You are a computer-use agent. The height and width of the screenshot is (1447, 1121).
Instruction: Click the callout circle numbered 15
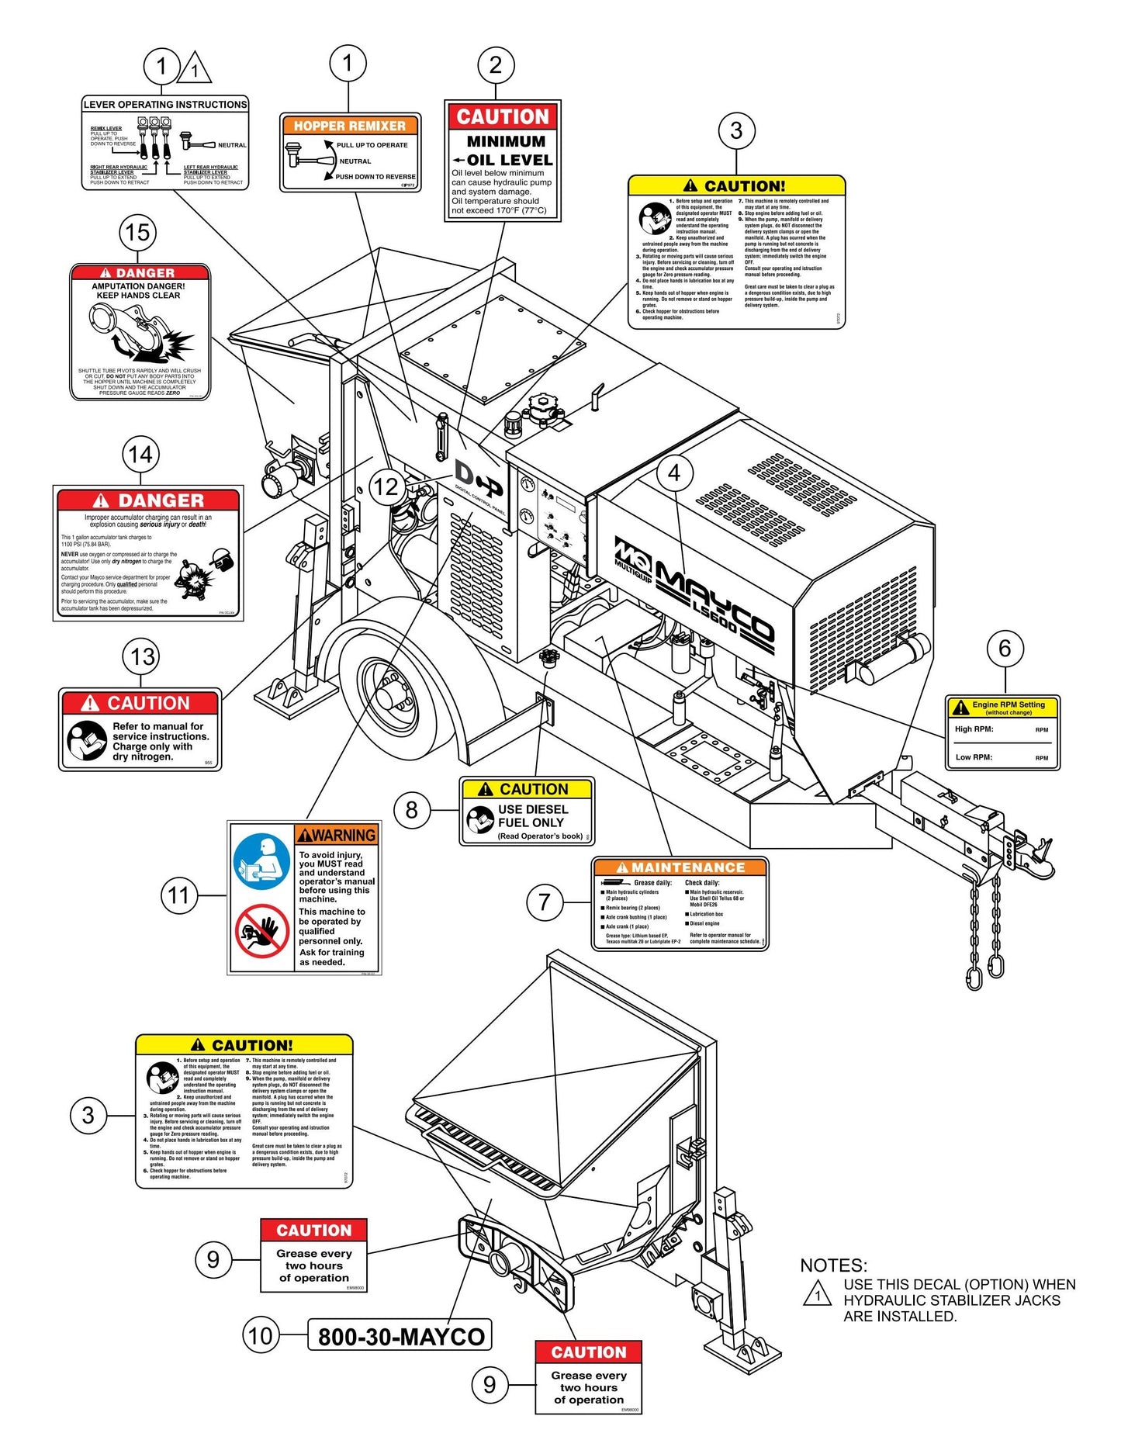pyautogui.click(x=137, y=232)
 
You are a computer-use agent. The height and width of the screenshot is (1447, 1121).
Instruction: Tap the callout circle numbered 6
pyautogui.click(x=1005, y=648)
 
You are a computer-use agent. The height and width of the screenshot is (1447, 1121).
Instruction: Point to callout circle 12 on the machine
pyautogui.click(x=386, y=486)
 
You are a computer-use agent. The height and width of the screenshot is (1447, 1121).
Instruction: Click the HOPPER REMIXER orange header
pyautogui.click(x=349, y=126)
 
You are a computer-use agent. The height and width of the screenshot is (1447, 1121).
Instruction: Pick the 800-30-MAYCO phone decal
pyautogui.click(x=400, y=1336)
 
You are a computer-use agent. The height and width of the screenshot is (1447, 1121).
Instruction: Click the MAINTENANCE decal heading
pyautogui.click(x=680, y=867)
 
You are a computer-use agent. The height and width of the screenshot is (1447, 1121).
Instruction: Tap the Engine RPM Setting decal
pyautogui.click(x=1002, y=732)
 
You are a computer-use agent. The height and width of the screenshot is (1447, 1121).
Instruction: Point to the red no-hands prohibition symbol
pyautogui.click(x=262, y=930)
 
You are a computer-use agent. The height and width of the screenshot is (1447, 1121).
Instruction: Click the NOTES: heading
pyautogui.click(x=833, y=1265)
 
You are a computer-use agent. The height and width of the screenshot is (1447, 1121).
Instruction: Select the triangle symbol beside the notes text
pyautogui.click(x=817, y=1293)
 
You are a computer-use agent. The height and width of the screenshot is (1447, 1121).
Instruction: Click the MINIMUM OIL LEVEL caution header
pyautogui.click(x=503, y=117)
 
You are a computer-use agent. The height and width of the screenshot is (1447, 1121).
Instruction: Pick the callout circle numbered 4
pyautogui.click(x=674, y=473)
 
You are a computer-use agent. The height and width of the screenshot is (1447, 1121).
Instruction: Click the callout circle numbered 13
pyautogui.click(x=142, y=656)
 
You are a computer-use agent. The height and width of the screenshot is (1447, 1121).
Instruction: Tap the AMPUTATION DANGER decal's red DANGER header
pyautogui.click(x=140, y=273)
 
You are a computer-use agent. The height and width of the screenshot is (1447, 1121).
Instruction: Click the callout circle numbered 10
pyautogui.click(x=261, y=1335)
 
